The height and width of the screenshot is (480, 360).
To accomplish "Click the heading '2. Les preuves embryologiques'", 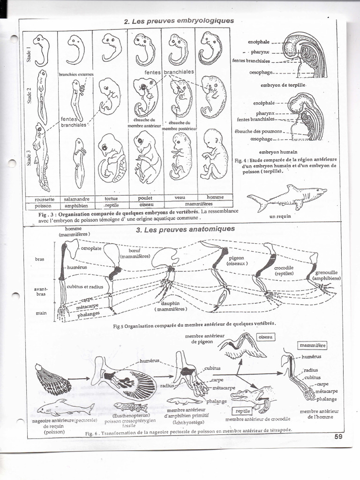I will click(178, 21).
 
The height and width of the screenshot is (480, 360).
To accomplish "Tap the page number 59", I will click(339, 437).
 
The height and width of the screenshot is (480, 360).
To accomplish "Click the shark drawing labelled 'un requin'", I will click(286, 197).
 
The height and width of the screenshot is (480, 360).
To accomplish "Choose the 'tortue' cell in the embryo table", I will click(111, 198).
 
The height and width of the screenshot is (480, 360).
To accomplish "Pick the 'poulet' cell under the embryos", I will click(145, 198).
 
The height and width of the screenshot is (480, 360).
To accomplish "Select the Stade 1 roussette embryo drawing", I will click(41, 49).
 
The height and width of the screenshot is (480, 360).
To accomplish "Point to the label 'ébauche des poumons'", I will click(258, 131).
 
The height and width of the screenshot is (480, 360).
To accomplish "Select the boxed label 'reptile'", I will click(243, 411).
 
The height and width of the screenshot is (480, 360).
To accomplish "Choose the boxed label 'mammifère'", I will click(313, 345).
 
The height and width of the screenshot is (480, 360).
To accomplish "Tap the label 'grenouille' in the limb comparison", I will click(326, 272).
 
